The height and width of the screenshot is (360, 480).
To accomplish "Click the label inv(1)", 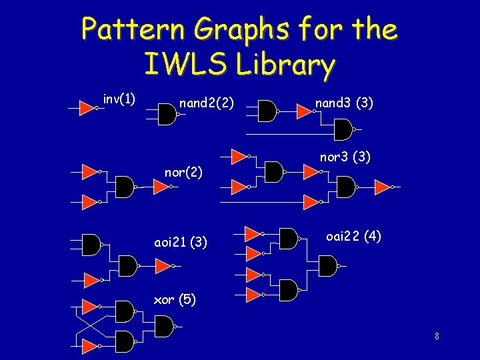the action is pos(119,100).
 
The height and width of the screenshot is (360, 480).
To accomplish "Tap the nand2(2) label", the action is pos(207,103).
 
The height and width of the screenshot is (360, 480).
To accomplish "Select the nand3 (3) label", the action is pos(344,103).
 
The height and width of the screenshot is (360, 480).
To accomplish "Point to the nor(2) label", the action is pos(183,173).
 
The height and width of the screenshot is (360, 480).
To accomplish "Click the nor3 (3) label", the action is pos(345,158).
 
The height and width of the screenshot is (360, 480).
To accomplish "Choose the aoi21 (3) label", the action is pos(181,243).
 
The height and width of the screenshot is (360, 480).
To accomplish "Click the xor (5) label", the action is pos(175,299).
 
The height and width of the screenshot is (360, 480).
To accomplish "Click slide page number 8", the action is pos(436,336).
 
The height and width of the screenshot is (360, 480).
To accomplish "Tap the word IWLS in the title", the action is pos(177,65).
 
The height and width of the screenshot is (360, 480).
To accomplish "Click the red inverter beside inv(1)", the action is pos(86,107).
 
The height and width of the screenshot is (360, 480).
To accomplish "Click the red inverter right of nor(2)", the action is pos(161,187).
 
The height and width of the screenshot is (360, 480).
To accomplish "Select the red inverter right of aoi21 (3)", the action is pos(163,267).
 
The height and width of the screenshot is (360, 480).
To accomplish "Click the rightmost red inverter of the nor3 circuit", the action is pos(381,187).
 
